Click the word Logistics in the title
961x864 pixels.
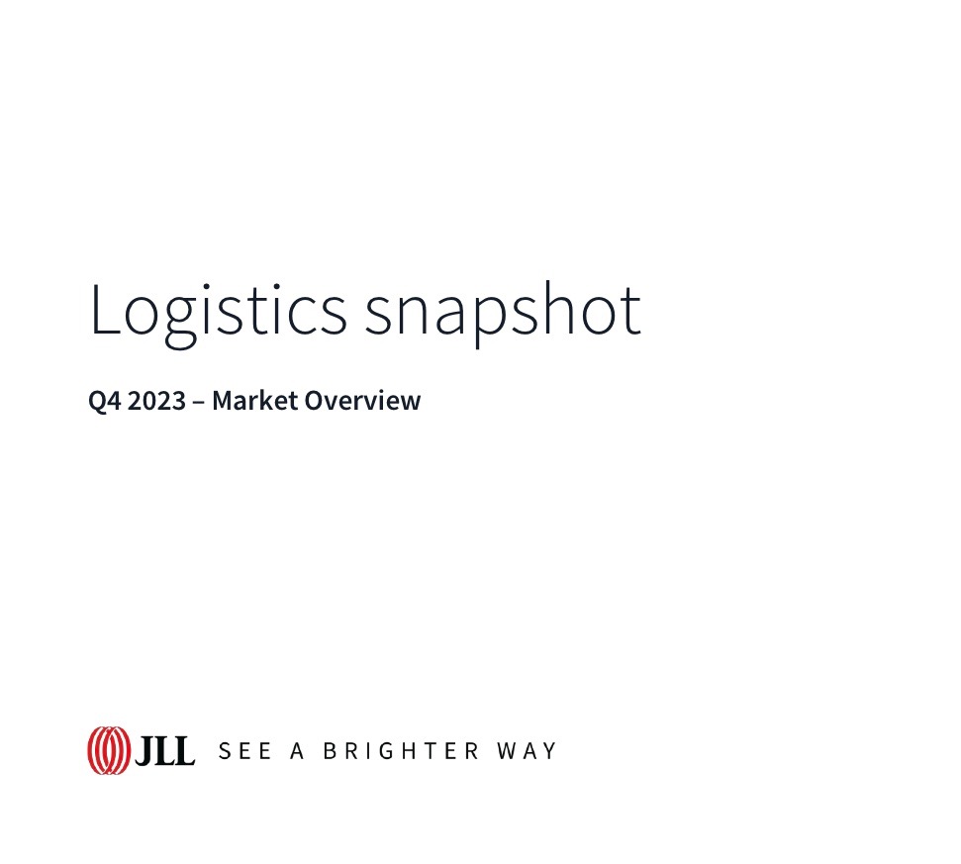pos(218,314)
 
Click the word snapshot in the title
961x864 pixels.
pos(503,314)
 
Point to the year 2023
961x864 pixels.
pos(156,401)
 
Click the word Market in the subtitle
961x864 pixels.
pos(254,400)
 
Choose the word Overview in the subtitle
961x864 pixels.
pos(362,400)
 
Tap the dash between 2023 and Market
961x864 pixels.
pos(199,403)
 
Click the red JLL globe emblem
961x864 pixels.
pos(109,750)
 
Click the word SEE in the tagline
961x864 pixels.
pos(244,751)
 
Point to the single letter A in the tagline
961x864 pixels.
pos(297,751)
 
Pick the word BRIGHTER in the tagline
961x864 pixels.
pos(401,751)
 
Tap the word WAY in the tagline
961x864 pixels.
pos(527,751)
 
